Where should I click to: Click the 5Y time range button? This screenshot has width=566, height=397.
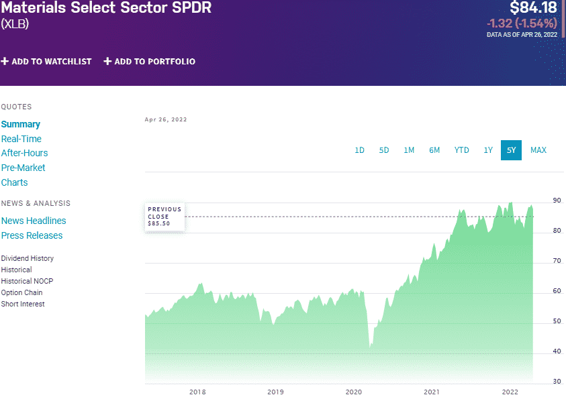[511, 150]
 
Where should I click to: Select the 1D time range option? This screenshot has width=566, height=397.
[359, 150]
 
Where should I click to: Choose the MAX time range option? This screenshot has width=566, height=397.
[538, 150]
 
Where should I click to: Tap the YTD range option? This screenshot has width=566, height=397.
[461, 150]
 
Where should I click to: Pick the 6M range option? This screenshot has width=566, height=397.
[434, 150]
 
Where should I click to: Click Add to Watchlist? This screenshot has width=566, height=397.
[46, 62]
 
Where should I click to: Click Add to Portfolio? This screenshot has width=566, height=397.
[150, 62]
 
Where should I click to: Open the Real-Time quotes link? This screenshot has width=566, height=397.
[21, 139]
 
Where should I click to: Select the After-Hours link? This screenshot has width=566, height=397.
[25, 153]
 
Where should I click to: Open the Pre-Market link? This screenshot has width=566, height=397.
[23, 168]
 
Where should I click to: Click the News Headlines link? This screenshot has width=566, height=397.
[34, 221]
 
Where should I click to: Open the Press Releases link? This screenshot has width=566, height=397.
[32, 235]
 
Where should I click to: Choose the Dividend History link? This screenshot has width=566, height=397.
[28, 258]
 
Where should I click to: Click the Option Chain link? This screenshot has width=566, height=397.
[21, 292]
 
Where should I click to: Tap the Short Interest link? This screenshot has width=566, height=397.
[23, 304]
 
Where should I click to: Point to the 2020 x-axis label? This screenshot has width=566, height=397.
[353, 392]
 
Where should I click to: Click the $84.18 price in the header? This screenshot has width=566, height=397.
[533, 9]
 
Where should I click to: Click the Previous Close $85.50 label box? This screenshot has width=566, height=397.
[165, 216]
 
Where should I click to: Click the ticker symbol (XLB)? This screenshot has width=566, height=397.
[15, 23]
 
